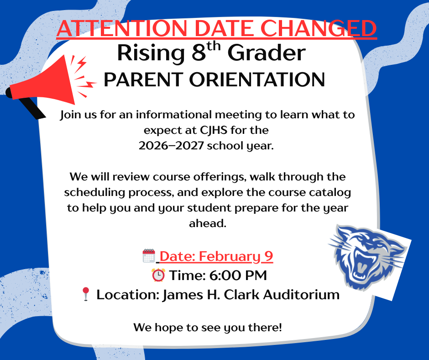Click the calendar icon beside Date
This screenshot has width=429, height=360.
[149, 256]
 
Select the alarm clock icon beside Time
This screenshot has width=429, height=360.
[158, 275]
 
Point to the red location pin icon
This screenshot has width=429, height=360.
[85, 294]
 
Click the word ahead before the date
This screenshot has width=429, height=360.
[208, 224]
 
